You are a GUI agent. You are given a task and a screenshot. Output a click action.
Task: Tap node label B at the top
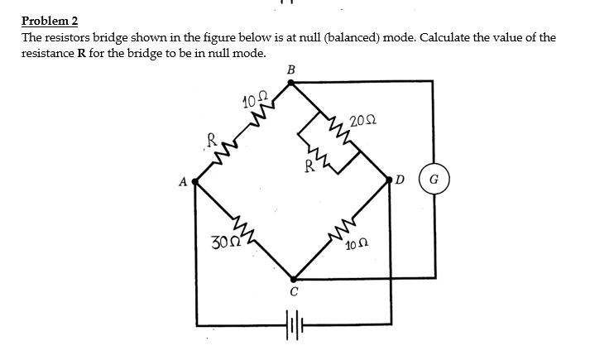point(290,70)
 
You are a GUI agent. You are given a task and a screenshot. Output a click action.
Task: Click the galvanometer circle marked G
point(434,179)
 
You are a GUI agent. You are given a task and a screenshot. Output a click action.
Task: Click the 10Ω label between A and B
point(253,102)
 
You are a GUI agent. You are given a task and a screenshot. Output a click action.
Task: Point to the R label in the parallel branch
point(309,165)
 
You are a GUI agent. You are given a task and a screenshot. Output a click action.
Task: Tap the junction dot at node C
point(293,279)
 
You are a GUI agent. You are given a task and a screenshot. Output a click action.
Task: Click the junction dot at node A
point(194,180)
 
